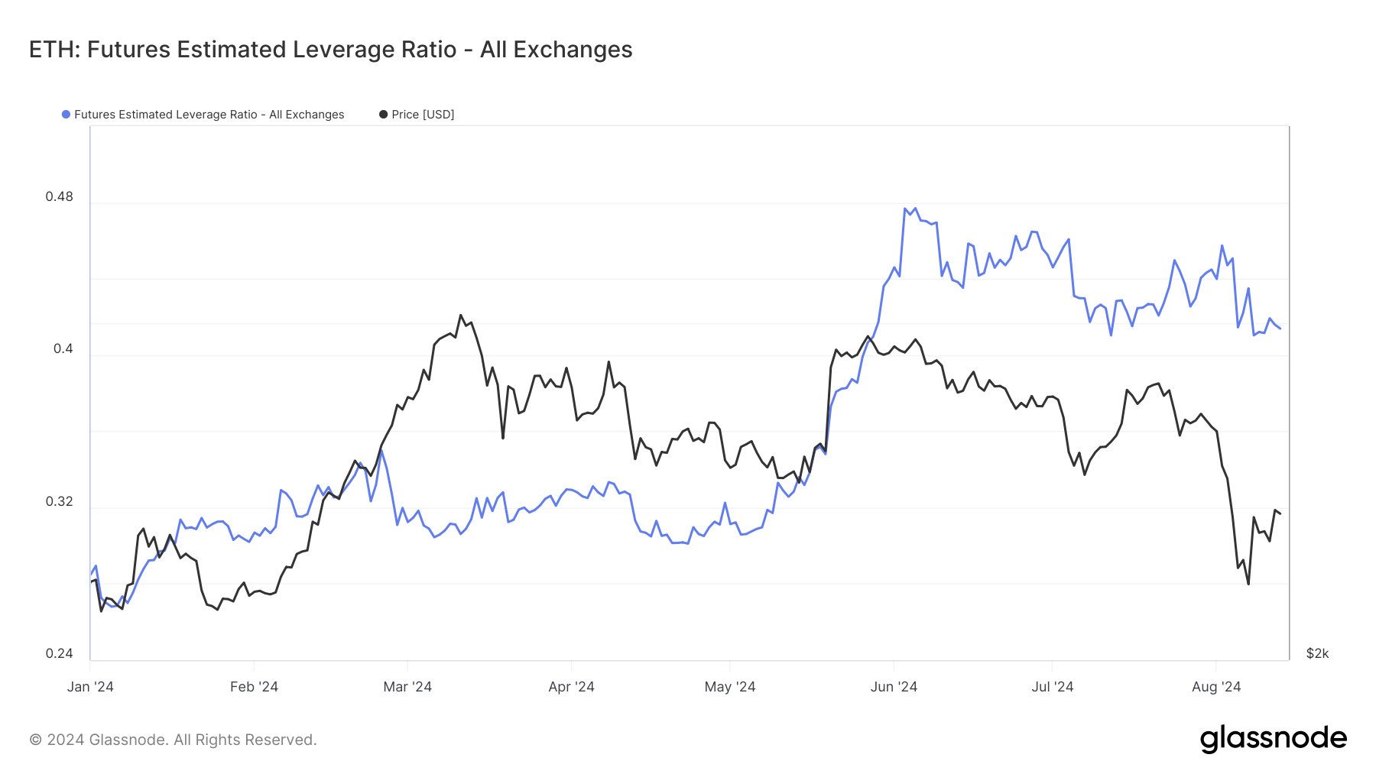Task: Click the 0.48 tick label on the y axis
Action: coord(59,196)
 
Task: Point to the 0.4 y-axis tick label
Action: coord(63,348)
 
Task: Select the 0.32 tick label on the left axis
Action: coord(59,501)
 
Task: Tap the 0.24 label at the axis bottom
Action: coord(59,653)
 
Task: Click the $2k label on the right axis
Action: coord(1317,653)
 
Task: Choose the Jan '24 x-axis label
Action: coord(90,687)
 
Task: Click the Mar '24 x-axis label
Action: coord(407,687)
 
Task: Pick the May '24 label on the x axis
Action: coord(729,687)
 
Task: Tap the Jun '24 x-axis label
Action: coord(894,687)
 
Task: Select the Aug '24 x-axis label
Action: coord(1216,687)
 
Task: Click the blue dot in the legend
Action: coord(67,115)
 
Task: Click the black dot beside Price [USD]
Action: coord(384,115)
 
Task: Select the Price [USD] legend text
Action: coord(423,115)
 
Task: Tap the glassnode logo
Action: coord(1273,739)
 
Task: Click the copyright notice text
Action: coord(173,740)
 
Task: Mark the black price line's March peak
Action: coord(461,315)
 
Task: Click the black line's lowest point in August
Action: coord(1248,585)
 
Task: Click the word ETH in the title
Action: coord(54,50)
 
